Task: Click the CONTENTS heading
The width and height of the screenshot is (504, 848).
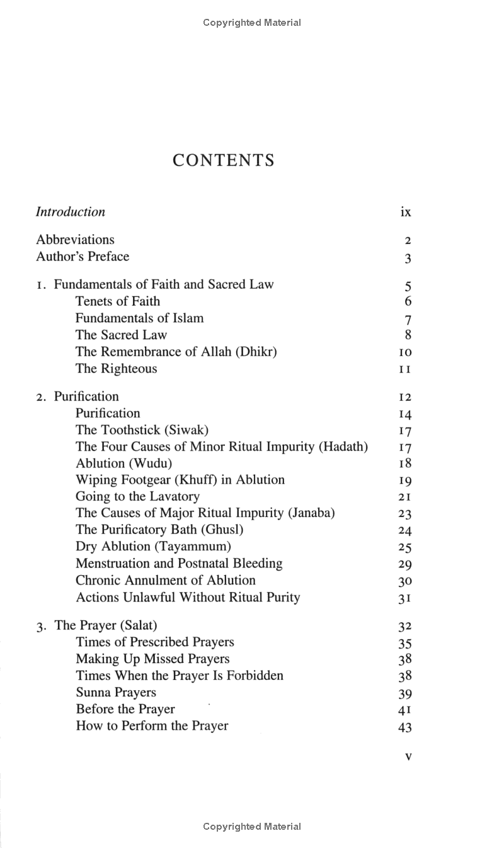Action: coord(224,160)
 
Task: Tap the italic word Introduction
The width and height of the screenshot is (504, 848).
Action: coord(71,212)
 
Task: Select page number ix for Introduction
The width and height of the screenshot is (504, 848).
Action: coord(406,212)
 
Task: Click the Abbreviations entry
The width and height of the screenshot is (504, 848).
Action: coord(75,240)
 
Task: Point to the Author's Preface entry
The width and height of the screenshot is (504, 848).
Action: coord(83,257)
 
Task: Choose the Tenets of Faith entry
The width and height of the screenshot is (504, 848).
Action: coord(118,301)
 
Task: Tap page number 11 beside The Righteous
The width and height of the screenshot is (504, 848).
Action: coord(405,369)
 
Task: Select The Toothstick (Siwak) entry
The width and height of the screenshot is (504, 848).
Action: coord(142,430)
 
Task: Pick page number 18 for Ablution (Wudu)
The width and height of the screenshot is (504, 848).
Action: coord(405,464)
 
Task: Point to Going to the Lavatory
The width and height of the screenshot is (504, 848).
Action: coord(137,496)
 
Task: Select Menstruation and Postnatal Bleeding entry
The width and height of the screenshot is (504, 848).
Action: coord(179,564)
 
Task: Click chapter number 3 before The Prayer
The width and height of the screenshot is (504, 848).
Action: coord(40,627)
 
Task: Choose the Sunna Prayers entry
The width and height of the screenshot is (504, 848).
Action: coord(116,693)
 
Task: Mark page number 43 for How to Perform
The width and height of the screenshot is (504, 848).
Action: coord(405,727)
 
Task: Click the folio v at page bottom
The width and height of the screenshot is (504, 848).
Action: coord(408,757)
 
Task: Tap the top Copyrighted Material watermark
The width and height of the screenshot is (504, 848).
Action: coord(252,23)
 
